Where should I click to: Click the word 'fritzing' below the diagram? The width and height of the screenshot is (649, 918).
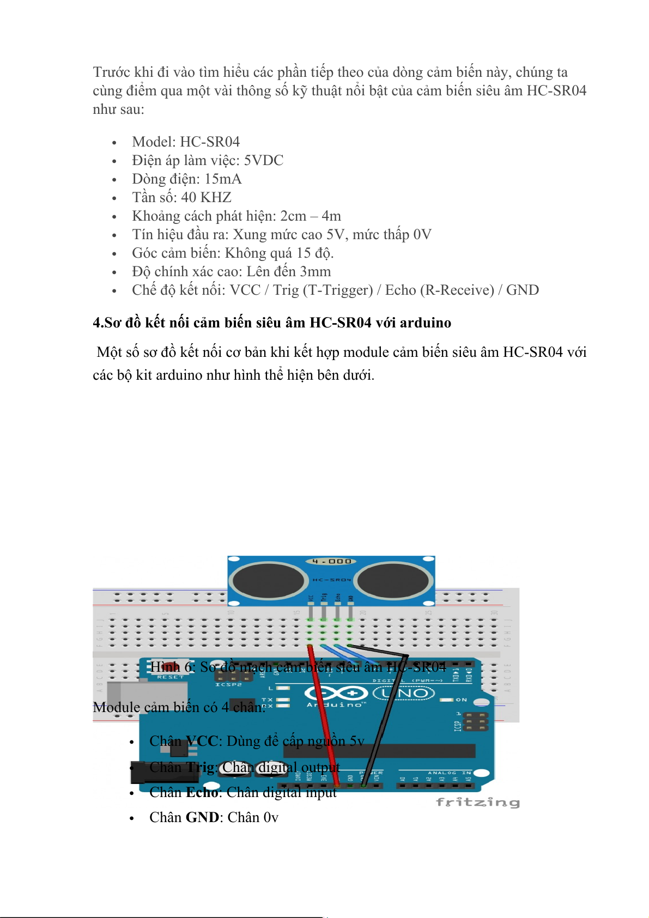pyautogui.click(x=477, y=802)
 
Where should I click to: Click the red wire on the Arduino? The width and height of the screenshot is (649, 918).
pyautogui.click(x=324, y=719)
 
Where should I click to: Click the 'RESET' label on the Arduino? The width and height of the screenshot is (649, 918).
pyautogui.click(x=171, y=677)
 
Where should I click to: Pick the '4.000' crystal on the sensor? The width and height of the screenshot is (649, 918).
pyautogui.click(x=332, y=561)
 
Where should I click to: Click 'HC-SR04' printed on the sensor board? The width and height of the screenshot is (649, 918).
pyautogui.click(x=332, y=580)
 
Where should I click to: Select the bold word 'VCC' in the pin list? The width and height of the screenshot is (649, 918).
pyautogui.click(x=202, y=741)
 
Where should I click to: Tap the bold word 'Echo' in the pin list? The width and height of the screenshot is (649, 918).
pyautogui.click(x=202, y=792)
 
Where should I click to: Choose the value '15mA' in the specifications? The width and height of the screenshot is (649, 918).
pyautogui.click(x=223, y=179)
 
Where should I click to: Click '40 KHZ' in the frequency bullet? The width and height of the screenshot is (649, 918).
pyautogui.click(x=206, y=197)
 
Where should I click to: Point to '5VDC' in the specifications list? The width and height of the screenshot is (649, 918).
pyautogui.click(x=263, y=160)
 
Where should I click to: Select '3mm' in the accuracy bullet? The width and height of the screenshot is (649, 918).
pyautogui.click(x=316, y=271)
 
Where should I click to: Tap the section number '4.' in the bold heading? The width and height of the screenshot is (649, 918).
pyautogui.click(x=98, y=323)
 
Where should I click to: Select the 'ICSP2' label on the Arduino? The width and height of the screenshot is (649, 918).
pyautogui.click(x=228, y=684)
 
